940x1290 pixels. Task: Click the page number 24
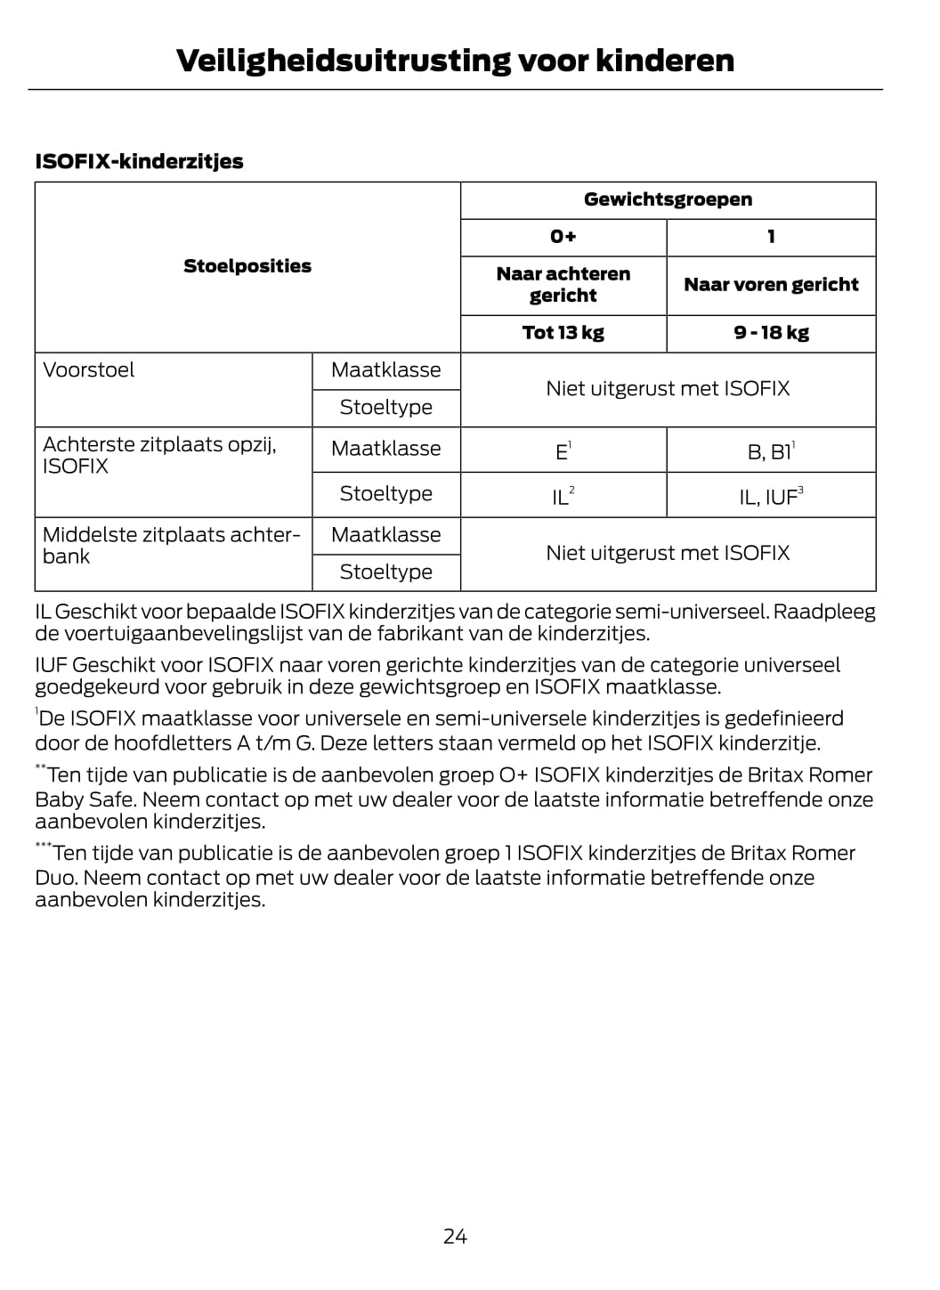(x=455, y=1236)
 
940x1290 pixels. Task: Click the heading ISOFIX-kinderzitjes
(x=139, y=161)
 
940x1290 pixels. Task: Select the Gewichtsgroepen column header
(x=668, y=199)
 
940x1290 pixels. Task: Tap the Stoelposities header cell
(x=247, y=266)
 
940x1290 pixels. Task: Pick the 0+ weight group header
(x=563, y=237)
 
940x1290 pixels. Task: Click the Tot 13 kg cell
(x=563, y=333)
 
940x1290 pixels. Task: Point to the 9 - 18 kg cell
(x=771, y=333)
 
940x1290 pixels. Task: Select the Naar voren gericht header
(x=771, y=285)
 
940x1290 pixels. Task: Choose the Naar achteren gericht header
(x=563, y=285)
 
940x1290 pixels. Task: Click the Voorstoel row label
(x=89, y=370)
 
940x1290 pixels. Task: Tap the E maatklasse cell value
(x=563, y=451)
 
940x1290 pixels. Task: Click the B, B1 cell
(x=771, y=451)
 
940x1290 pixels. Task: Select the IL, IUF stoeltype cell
(x=771, y=496)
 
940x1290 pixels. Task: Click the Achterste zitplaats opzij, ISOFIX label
(x=158, y=455)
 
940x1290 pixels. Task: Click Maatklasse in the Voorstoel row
(x=385, y=370)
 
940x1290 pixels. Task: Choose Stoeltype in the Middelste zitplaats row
(x=385, y=572)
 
